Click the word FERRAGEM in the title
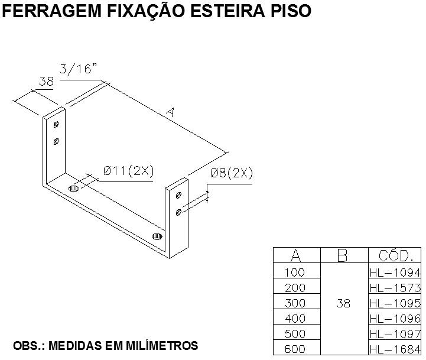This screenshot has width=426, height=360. (51, 11)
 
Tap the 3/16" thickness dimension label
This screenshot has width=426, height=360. (78, 69)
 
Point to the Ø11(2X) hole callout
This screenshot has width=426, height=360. (128, 171)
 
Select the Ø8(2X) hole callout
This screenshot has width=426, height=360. (232, 173)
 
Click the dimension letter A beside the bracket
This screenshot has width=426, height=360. (171, 112)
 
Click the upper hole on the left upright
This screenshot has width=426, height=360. (56, 125)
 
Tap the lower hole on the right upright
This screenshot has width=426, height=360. (178, 212)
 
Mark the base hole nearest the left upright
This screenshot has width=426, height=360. (74, 188)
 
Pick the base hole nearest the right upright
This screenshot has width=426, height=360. (157, 236)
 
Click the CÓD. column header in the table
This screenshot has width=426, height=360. (396, 255)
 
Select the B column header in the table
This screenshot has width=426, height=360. (342, 255)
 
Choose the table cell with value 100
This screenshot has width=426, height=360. (295, 273)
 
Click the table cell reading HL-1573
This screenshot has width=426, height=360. (395, 288)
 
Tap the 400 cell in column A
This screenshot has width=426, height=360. (295, 319)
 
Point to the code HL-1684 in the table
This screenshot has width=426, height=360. (395, 349)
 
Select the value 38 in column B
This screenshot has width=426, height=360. (343, 303)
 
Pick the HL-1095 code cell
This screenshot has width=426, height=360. (395, 303)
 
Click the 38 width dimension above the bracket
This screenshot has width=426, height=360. (47, 82)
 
